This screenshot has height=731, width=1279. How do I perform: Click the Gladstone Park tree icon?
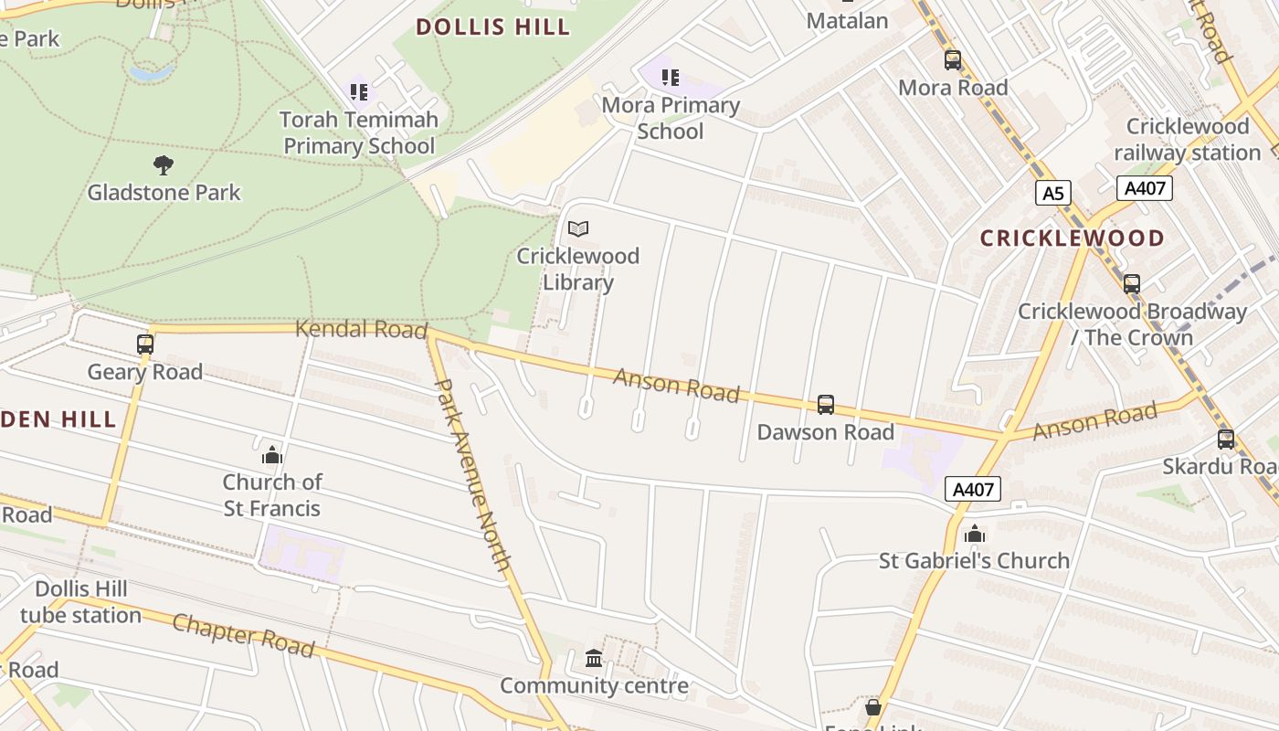point(164,165)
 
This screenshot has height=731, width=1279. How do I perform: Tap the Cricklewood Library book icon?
point(578,228)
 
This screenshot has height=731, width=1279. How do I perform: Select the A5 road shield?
point(1052,193)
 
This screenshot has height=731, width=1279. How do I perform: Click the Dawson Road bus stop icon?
point(826,404)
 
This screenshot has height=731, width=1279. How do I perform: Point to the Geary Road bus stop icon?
point(145,344)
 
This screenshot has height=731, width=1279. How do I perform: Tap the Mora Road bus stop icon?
point(953,60)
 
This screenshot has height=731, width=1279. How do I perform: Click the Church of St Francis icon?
point(272,455)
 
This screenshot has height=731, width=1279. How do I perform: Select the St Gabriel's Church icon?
point(975,534)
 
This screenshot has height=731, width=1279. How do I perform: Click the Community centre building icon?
point(594,658)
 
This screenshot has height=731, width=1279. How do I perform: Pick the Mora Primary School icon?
point(671,78)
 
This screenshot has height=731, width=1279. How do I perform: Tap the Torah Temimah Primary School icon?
point(359,91)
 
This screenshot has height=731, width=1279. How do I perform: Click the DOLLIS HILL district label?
point(493,26)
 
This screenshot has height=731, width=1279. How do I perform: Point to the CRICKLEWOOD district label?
point(1073,238)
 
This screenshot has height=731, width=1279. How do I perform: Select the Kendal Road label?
point(361,329)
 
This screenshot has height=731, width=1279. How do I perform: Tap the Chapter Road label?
point(243,635)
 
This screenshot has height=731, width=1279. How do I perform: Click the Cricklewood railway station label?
point(1187,139)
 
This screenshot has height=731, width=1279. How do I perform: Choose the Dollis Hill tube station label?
point(80,601)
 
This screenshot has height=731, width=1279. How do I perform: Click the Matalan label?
point(847,20)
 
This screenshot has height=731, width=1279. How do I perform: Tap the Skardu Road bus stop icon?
point(1226,440)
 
